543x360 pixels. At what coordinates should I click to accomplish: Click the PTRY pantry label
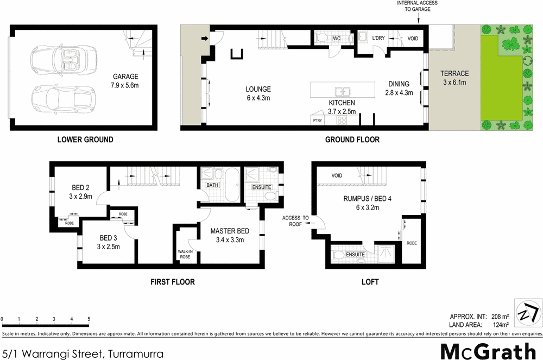click(x=317, y=121)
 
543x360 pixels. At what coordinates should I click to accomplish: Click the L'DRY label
click(x=378, y=38)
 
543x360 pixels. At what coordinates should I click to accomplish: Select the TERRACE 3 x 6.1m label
click(x=454, y=78)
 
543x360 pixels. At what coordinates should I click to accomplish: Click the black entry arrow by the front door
click(x=205, y=39)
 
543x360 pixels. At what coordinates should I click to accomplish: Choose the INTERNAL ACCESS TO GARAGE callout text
click(x=416, y=7)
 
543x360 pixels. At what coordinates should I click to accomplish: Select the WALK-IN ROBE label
click(x=185, y=254)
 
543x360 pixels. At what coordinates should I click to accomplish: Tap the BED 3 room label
click(x=109, y=238)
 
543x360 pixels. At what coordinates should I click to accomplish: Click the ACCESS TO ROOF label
click(x=295, y=220)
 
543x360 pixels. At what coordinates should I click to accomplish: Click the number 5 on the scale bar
click(x=88, y=319)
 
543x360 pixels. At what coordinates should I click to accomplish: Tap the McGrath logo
click(x=488, y=351)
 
